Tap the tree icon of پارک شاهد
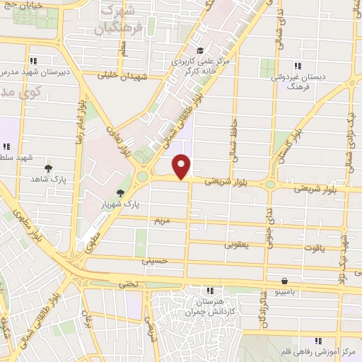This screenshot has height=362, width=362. point(49,168)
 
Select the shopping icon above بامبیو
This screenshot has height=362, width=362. point(284,280)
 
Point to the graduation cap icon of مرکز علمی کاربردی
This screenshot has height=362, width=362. point(201,50)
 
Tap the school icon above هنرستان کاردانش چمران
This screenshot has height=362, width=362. point(209,290)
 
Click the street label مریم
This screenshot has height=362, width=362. point(162,221)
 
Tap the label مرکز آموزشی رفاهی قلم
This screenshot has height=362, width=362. point(318,351)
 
